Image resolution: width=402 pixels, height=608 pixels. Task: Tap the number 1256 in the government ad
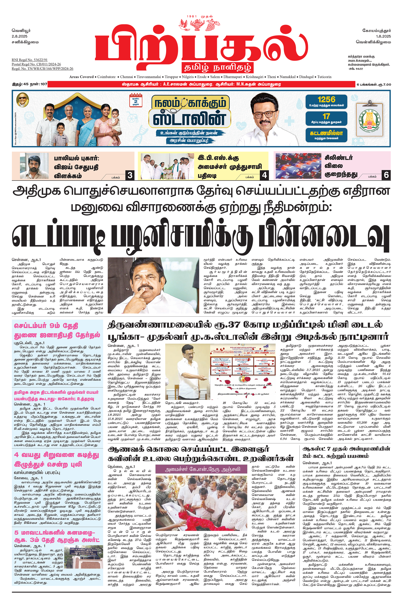[x=326, y=99]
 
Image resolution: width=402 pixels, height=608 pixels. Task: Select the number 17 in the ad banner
[x=326, y=116]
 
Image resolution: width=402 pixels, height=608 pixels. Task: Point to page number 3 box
[x=130, y=175]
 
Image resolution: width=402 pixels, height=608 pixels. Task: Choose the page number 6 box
[x=386, y=175]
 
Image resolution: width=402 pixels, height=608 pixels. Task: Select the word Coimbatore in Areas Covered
[x=106, y=77]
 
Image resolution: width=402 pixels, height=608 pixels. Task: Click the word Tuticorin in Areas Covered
[x=324, y=77]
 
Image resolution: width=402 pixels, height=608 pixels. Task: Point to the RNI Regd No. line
[x=29, y=60]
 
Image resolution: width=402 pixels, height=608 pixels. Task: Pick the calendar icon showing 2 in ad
[x=136, y=100]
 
